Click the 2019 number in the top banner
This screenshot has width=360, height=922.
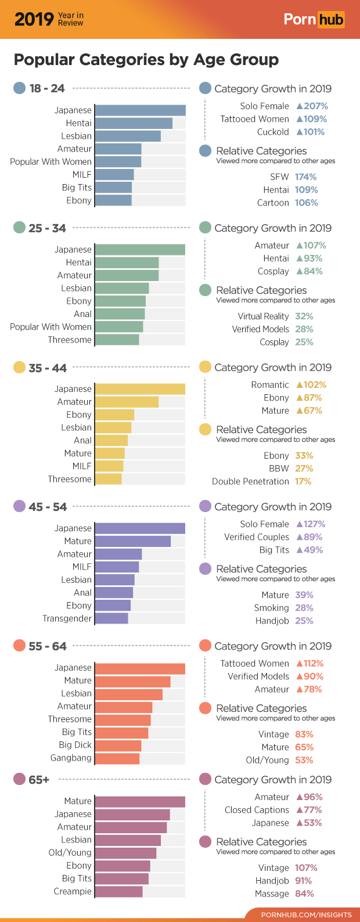pyautogui.click(x=34, y=19)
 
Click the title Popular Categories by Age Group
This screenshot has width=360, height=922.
pyautogui.click(x=146, y=59)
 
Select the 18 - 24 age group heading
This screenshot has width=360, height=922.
pyautogui.click(x=46, y=88)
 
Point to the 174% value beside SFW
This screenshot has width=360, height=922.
pyautogui.click(x=305, y=177)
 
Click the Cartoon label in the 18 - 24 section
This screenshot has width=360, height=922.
pyautogui.click(x=273, y=203)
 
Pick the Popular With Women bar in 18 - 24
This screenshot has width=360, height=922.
pyautogui.click(x=118, y=161)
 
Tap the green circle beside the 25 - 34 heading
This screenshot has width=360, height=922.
pyautogui.click(x=19, y=228)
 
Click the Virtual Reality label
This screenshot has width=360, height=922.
pyautogui.click(x=263, y=316)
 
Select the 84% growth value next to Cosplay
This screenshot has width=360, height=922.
pyautogui.click(x=309, y=271)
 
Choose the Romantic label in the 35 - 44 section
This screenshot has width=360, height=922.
pyautogui.click(x=270, y=384)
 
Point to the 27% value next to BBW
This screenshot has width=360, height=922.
pyautogui.click(x=304, y=469)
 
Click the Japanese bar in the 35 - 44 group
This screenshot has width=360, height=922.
pyautogui.click(x=140, y=388)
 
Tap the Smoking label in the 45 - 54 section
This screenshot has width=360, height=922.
pyautogui.click(x=271, y=608)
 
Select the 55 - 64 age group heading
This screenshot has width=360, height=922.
pyautogui.click(x=47, y=646)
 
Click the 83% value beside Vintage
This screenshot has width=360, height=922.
pyautogui.click(x=304, y=734)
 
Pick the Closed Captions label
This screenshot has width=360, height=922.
pyautogui.click(x=257, y=810)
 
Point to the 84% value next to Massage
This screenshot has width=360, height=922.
pyautogui.click(x=304, y=894)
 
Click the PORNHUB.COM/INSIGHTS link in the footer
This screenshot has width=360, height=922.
pyautogui.click(x=306, y=914)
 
